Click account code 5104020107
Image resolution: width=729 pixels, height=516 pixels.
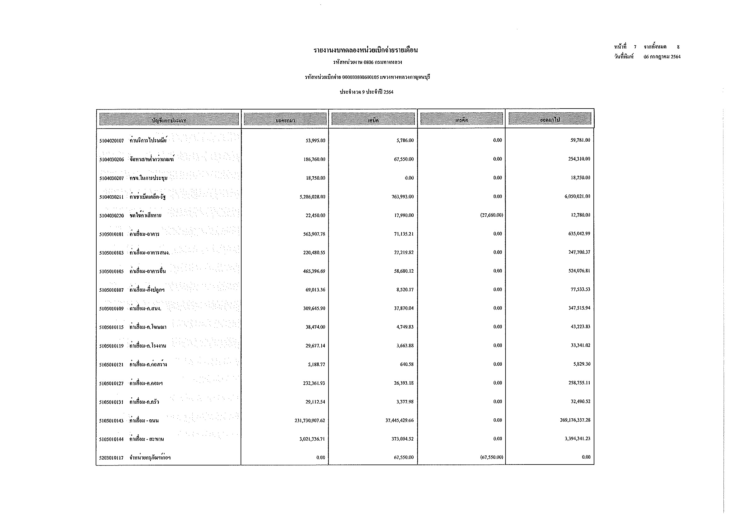tap(112, 141)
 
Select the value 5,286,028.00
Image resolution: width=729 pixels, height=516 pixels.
tap(312, 197)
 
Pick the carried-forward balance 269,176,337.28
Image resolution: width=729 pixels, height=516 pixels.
tap(575, 420)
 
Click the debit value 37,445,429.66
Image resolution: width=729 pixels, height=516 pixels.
tap(400, 420)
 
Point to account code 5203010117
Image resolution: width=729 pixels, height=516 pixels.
tap(112, 458)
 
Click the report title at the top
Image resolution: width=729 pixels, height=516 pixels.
tap(366, 50)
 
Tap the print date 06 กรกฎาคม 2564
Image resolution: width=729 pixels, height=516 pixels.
tap(662, 57)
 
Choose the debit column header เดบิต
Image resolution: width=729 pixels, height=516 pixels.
tap(373, 120)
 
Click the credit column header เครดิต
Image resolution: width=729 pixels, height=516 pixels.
tap(462, 120)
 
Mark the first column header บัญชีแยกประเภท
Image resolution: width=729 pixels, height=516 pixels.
tap(169, 120)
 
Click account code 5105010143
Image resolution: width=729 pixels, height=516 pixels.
tap(112, 421)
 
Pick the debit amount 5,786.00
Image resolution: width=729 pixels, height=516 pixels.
tap(405, 140)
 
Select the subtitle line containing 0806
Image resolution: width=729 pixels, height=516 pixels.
tap(367, 62)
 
